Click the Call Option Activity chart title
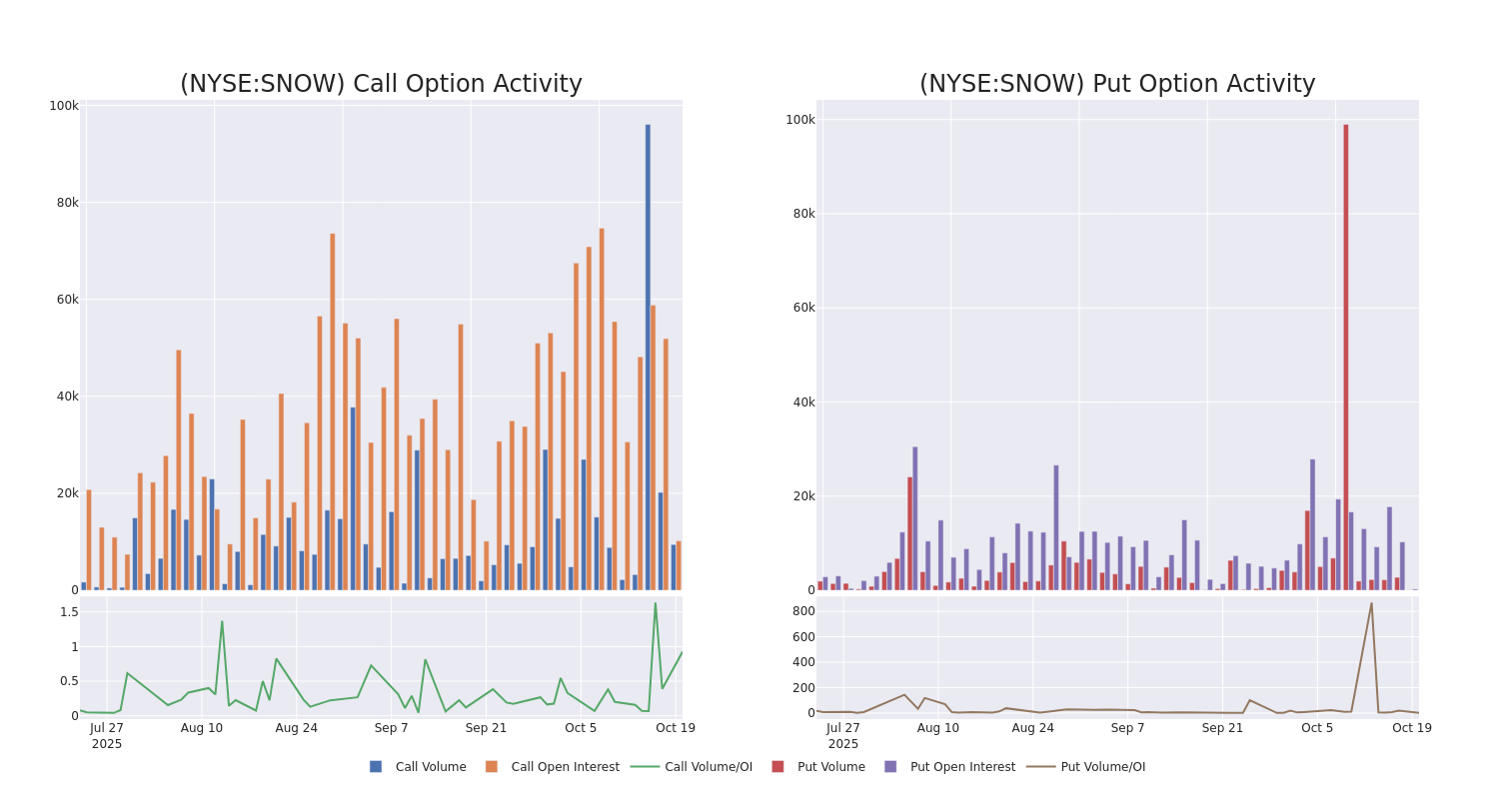point(381,85)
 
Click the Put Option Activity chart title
point(1117,85)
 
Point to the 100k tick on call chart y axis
point(64,106)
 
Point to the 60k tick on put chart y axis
point(800,308)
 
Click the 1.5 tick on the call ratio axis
point(68,612)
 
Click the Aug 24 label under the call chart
point(296,728)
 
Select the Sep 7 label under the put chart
point(1127,728)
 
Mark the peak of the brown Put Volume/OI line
point(1371,603)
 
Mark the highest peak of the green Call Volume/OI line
point(656,602)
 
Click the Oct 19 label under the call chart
point(675,728)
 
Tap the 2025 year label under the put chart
point(842,744)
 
